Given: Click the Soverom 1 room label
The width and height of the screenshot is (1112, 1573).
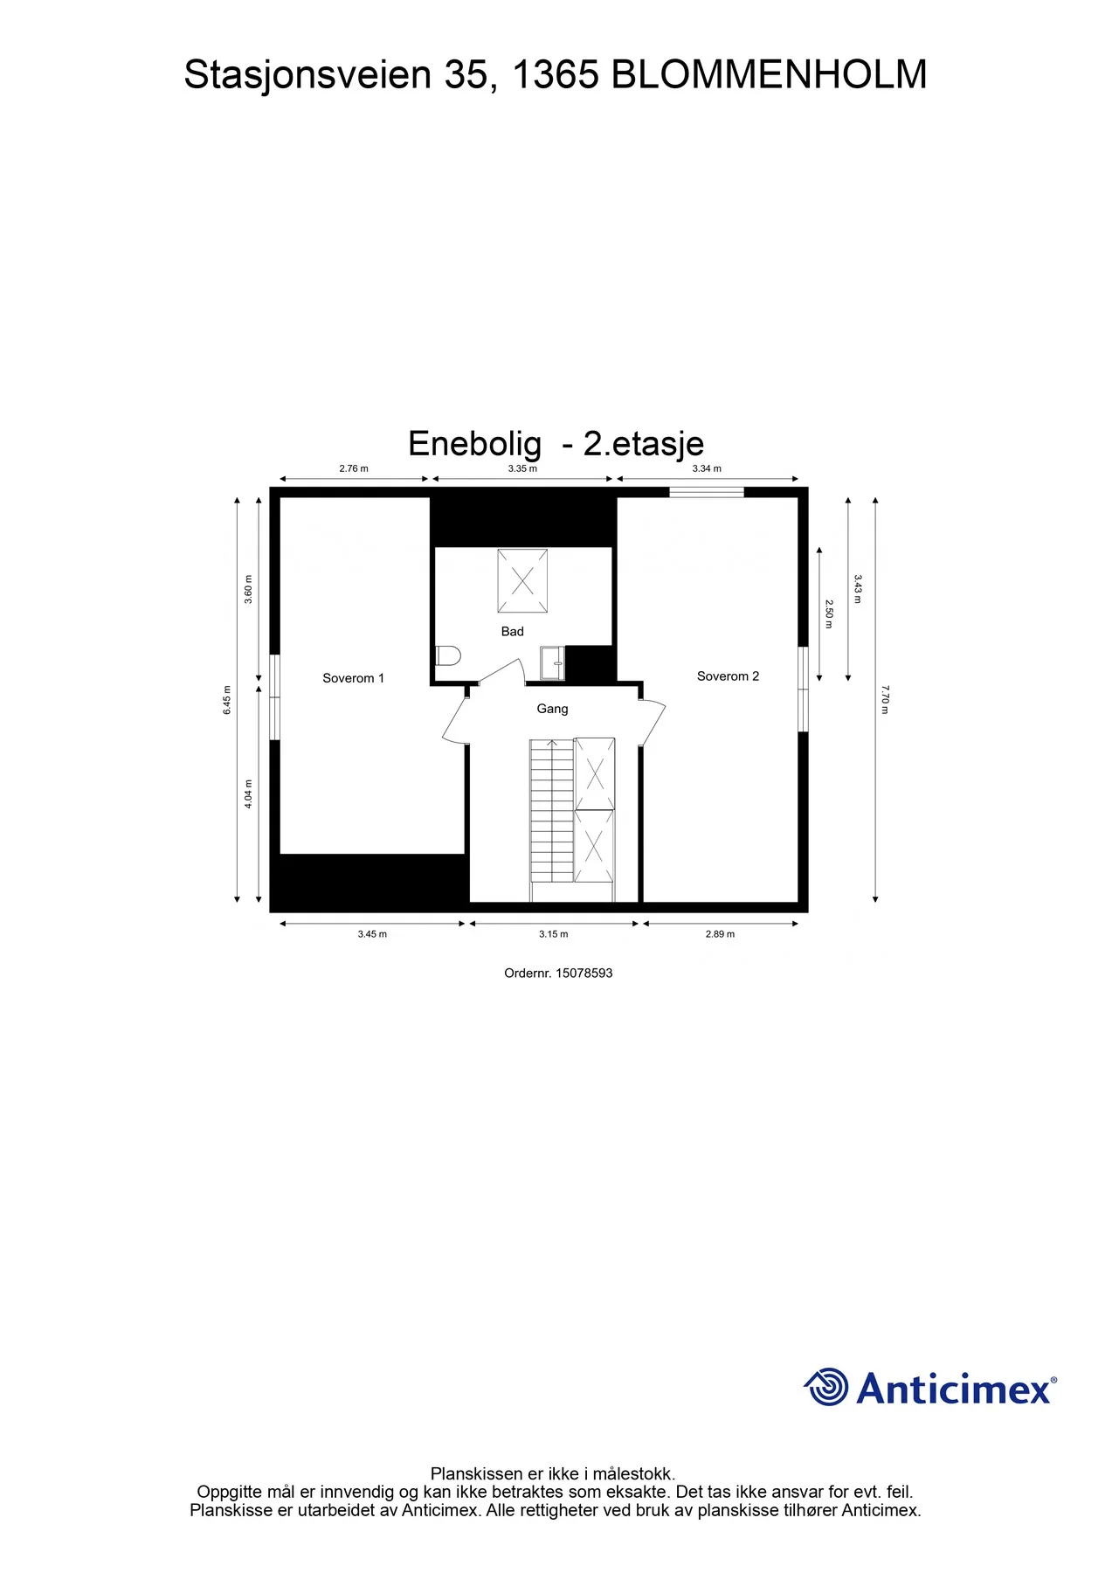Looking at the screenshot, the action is click(x=353, y=678).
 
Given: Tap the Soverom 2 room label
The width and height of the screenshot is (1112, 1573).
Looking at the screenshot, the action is click(x=728, y=676).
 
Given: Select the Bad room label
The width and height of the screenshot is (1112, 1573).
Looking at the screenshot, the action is click(x=513, y=632).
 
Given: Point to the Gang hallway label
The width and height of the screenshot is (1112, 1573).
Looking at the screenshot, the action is click(x=552, y=709).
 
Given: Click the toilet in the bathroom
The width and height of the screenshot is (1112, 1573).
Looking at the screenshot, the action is click(x=448, y=655).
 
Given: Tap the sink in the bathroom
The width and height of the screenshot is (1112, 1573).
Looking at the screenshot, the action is click(x=552, y=662).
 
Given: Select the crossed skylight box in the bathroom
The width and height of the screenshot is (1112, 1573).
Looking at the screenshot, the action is click(x=522, y=581).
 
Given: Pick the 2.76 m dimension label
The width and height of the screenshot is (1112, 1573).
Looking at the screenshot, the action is click(x=354, y=469).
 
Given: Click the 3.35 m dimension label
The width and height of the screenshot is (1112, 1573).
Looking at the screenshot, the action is click(x=522, y=469).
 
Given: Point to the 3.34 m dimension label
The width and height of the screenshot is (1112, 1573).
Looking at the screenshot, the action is click(x=707, y=469).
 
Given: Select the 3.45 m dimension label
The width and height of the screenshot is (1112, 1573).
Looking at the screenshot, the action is click(x=372, y=934).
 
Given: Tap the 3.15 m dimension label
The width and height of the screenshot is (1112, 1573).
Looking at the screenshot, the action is click(x=554, y=934).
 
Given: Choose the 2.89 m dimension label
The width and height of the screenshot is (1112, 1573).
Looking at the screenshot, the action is click(x=720, y=934).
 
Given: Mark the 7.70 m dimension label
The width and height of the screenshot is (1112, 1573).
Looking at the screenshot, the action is click(x=884, y=699).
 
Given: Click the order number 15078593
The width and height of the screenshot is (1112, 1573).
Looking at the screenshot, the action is click(x=584, y=974).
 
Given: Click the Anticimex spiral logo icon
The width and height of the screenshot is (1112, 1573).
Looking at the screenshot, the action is click(x=825, y=1387).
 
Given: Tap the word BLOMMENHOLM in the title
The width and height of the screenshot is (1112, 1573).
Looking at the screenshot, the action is click(x=769, y=75).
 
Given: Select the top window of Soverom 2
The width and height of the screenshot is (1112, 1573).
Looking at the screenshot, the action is click(x=707, y=492).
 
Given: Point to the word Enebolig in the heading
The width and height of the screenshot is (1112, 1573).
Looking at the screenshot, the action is click(x=474, y=444).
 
